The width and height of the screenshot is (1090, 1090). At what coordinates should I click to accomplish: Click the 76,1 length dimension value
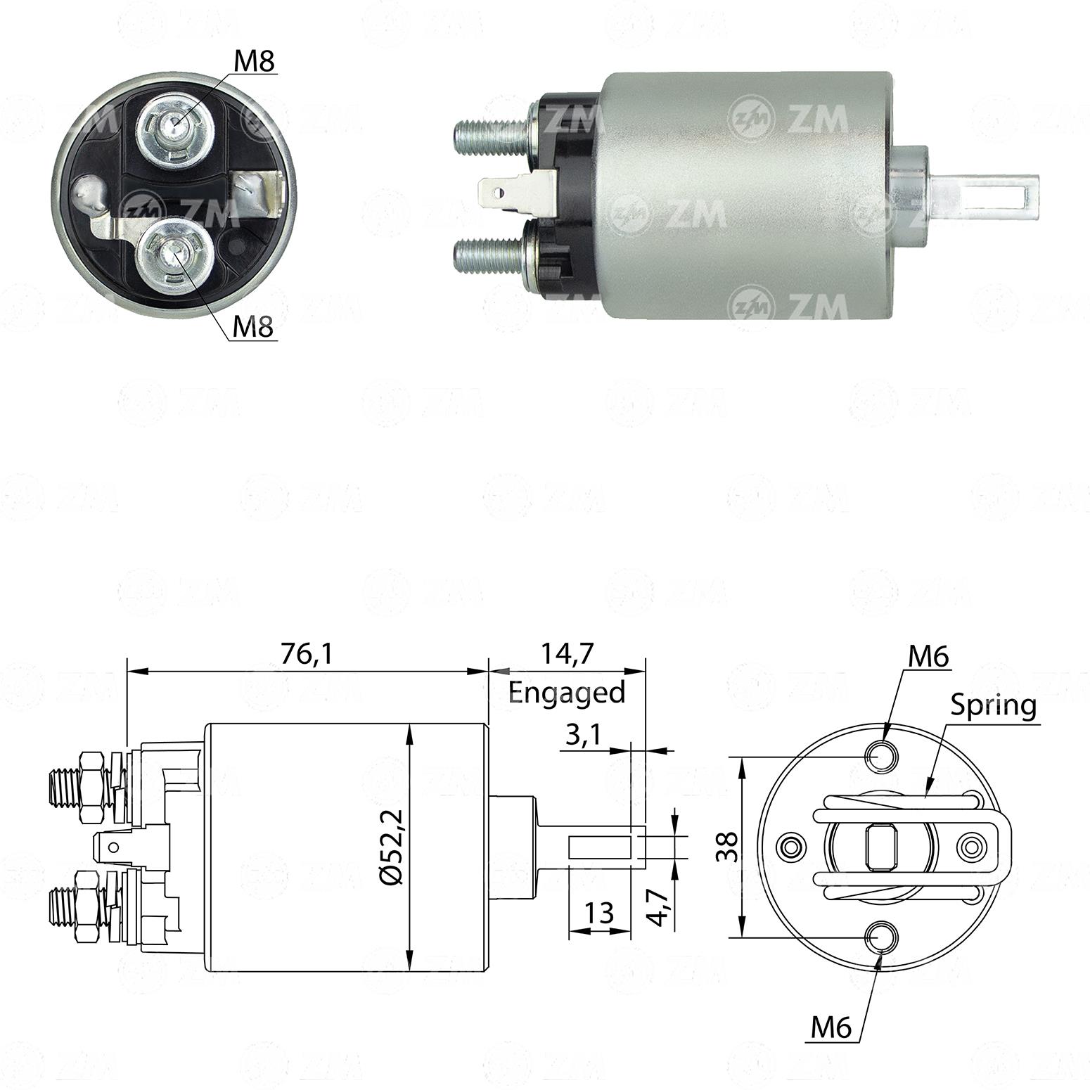[x=306, y=654]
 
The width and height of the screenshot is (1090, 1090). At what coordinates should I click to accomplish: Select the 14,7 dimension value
[x=568, y=654]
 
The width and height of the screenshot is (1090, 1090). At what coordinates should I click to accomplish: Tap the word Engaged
[x=567, y=693]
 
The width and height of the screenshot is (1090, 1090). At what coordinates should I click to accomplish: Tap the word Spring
[x=994, y=705]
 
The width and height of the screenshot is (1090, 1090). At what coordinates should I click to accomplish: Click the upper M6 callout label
[x=928, y=657]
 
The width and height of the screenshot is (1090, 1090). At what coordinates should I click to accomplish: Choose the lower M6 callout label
[x=831, y=1028]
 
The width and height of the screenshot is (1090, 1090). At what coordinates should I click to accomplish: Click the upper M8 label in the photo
[x=254, y=62]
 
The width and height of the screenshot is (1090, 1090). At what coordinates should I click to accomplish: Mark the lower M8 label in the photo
[x=253, y=326]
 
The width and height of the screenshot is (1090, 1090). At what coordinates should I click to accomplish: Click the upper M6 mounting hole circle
[x=880, y=757]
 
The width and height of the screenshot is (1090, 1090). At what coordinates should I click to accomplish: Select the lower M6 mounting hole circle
[x=880, y=937]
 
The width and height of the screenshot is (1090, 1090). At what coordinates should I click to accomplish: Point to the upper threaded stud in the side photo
[x=492, y=131]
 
